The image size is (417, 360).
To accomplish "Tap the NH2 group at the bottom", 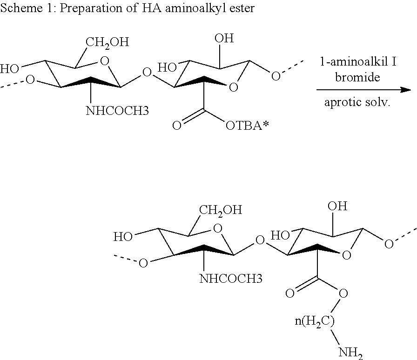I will pyautogui.click(x=351, y=351).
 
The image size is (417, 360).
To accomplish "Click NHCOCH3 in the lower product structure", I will pyautogui.click(x=230, y=279).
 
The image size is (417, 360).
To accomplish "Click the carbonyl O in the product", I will pyautogui.click(x=289, y=293).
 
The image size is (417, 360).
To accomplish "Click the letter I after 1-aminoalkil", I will pyautogui.click(x=394, y=61).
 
